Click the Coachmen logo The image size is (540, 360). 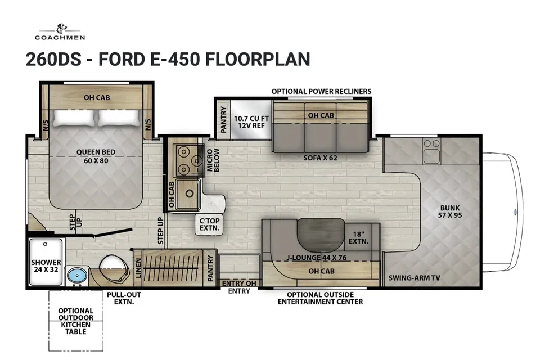point(60,32)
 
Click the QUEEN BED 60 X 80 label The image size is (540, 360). point(96,156)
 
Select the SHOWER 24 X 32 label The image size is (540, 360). point(46,265)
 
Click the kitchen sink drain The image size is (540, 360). point(189,193)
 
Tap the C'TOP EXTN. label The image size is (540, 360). point(209,224)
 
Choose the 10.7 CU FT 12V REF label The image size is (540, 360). point(251,122)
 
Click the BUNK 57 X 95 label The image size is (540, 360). point(450,211)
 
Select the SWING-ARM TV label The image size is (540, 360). point(415,278)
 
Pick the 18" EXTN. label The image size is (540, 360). point(358,238)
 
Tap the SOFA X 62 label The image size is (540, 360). point(320,157)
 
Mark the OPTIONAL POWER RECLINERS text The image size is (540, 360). point(321,91)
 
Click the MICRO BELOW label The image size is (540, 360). point(213,160)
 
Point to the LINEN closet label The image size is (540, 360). point(138,268)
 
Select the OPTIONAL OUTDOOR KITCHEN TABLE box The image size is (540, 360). point(76,321)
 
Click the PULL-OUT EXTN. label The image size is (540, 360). point(124,298)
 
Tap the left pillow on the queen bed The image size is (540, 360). point(74,118)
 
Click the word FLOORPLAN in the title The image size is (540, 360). point(258,59)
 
